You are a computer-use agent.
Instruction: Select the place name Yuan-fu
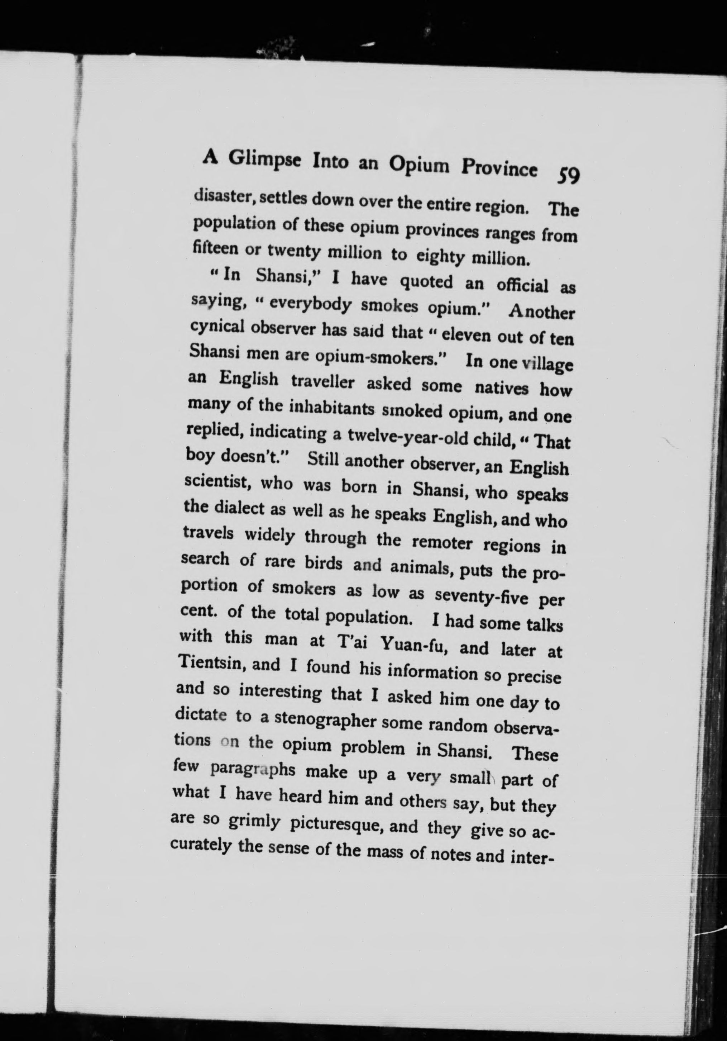(x=415, y=645)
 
